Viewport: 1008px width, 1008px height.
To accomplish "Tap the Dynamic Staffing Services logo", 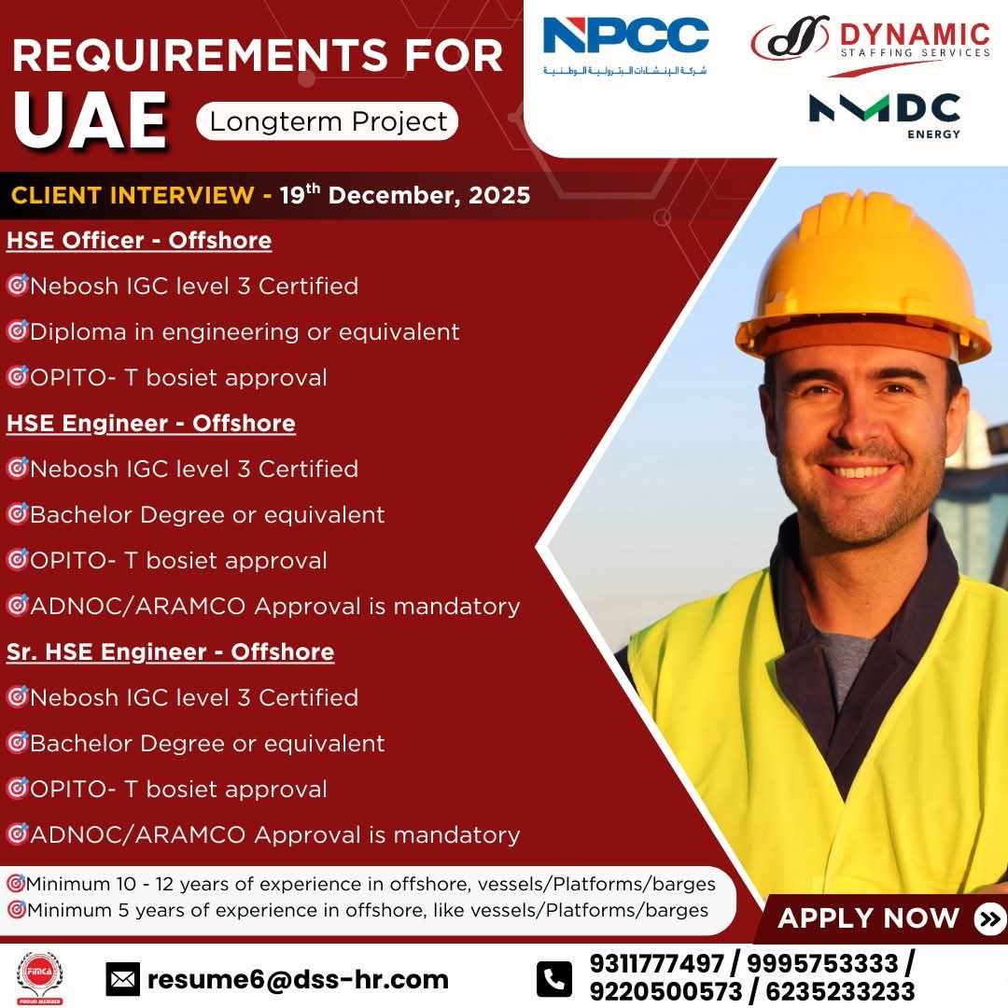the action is tap(871, 45).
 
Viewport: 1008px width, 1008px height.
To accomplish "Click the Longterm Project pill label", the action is tap(328, 121).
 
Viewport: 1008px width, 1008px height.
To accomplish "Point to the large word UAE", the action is tap(91, 120).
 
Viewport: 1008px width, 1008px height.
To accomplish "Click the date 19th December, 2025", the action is tap(405, 195).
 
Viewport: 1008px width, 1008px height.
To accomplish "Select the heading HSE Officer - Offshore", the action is tap(139, 241).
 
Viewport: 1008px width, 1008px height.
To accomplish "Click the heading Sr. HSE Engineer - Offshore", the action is tap(171, 651).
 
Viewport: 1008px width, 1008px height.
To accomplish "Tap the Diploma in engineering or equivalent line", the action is tap(245, 332).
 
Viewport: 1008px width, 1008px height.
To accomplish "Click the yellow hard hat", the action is tap(862, 276).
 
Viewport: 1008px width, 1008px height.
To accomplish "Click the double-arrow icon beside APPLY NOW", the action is tap(990, 918).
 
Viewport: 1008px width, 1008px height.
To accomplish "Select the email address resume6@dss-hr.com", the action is tap(298, 979).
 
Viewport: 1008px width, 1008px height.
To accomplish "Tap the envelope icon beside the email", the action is tap(122, 979).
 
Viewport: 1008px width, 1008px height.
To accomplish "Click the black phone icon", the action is tap(554, 979).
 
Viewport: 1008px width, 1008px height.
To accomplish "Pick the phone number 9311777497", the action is tap(656, 963).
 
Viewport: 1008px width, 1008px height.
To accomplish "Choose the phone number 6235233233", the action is tap(840, 992).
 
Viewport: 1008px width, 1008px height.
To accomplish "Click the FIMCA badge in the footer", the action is tap(40, 978).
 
